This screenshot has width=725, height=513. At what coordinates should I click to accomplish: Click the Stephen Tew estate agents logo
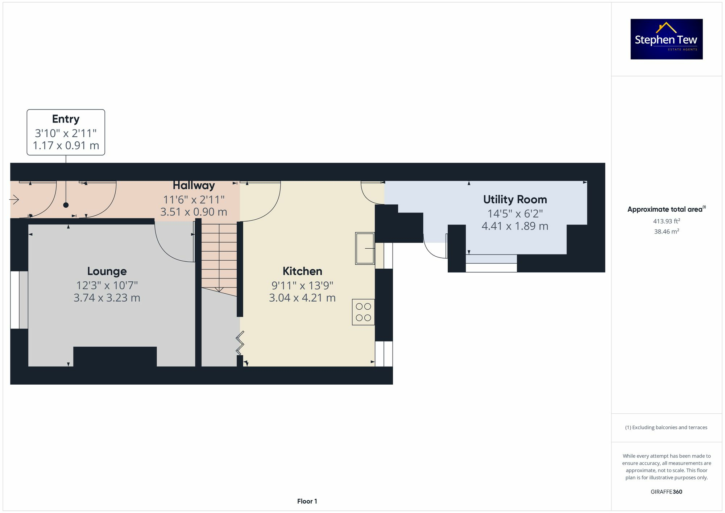pyautogui.click(x=667, y=39)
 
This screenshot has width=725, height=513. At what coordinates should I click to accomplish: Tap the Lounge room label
pyautogui.click(x=107, y=271)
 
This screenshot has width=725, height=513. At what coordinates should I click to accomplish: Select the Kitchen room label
pyautogui.click(x=302, y=271)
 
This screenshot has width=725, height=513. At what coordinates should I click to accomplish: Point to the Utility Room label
pyautogui.click(x=515, y=199)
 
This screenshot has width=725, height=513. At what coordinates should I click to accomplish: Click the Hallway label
pyautogui.click(x=194, y=185)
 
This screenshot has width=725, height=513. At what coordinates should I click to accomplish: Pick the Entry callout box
pyautogui.click(x=66, y=132)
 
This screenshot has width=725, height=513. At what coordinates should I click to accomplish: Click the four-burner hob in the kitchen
pyautogui.click(x=363, y=312)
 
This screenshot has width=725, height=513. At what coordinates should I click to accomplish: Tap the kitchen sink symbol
pyautogui.click(x=365, y=248)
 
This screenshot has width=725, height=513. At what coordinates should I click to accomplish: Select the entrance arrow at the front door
pyautogui.click(x=14, y=199)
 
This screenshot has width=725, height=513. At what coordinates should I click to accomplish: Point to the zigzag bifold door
pyautogui.click(x=240, y=343)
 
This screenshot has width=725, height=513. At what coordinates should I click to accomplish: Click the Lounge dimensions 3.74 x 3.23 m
pyautogui.click(x=107, y=298)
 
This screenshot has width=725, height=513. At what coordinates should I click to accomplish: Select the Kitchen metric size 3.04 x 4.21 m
pyautogui.click(x=302, y=298)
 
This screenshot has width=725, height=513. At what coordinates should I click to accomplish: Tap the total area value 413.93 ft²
pyautogui.click(x=667, y=221)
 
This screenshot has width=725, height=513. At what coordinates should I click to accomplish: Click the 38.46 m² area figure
pyautogui.click(x=667, y=231)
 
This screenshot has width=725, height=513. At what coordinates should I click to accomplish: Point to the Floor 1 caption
pyautogui.click(x=307, y=501)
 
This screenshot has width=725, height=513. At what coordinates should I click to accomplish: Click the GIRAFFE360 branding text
pyautogui.click(x=667, y=492)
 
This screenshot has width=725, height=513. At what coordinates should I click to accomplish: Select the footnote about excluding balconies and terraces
pyautogui.click(x=666, y=427)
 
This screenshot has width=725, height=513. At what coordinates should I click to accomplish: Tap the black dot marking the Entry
pyautogui.click(x=66, y=205)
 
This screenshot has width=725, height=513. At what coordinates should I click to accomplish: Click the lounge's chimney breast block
pyautogui.click(x=115, y=357)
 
